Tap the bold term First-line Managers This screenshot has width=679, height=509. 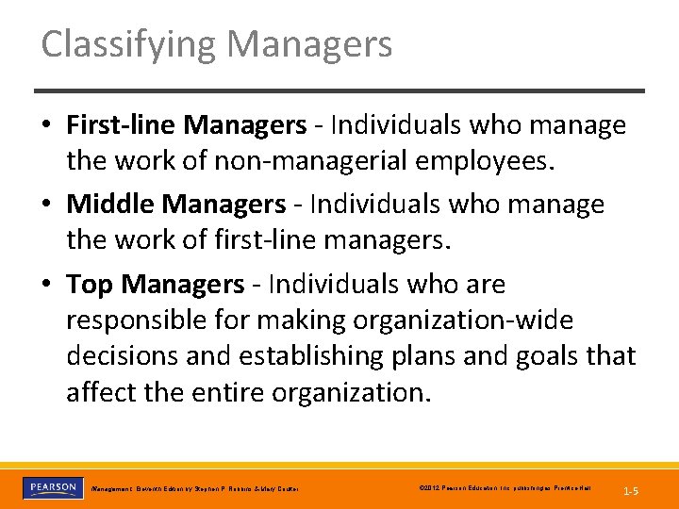coord(186,125)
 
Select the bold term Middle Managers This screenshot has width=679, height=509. coord(176,204)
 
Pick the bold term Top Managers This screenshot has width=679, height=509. coord(155,284)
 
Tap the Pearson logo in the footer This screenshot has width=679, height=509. coord(52,487)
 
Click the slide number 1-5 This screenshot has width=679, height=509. coord(631,490)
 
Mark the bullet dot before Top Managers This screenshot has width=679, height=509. coord(47,285)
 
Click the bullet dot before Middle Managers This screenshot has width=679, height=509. coord(47,205)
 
